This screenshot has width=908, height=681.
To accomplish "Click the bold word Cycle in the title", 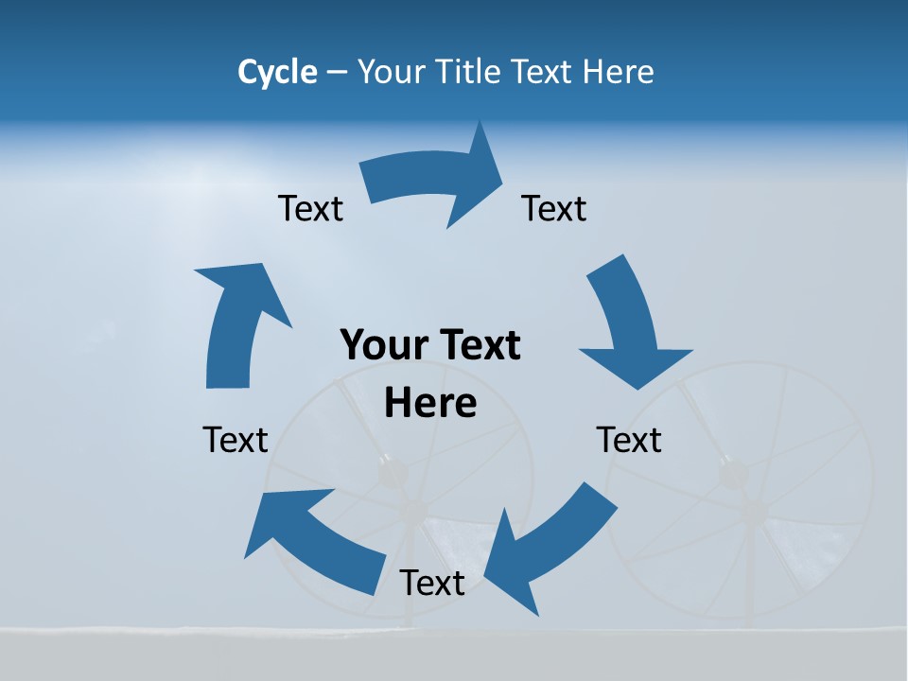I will pyautogui.click(x=277, y=72).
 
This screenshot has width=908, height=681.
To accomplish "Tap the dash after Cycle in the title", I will pyautogui.click(x=337, y=72).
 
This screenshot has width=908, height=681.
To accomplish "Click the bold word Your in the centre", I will pyautogui.click(x=386, y=345).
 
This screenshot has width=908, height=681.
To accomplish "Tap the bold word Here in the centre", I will pyautogui.click(x=430, y=404).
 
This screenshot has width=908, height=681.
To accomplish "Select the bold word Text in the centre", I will pyautogui.click(x=480, y=345).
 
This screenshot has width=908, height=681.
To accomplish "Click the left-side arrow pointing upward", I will pyautogui.click(x=237, y=322).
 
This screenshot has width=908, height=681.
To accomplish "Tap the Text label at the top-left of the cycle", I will pyautogui.click(x=310, y=209).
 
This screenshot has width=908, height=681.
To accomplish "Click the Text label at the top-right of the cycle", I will pyautogui.click(x=554, y=209).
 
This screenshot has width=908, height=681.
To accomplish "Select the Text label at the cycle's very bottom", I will pyautogui.click(x=432, y=584).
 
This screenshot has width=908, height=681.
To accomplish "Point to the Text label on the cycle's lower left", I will pyautogui.click(x=236, y=440).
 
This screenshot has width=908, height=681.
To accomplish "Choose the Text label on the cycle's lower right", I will pyautogui.click(x=629, y=440).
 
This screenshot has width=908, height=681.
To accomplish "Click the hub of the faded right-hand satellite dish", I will pyautogui.click(x=753, y=511).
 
